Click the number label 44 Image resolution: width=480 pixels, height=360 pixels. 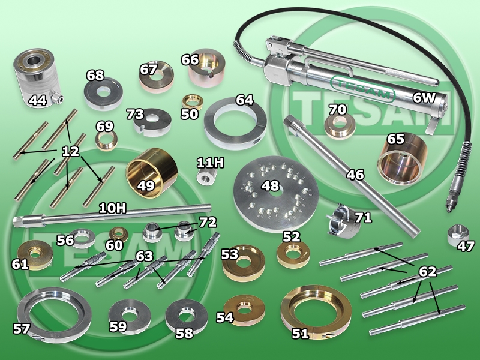37,100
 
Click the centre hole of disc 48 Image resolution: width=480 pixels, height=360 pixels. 277,193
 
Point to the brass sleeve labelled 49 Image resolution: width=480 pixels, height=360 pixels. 152,173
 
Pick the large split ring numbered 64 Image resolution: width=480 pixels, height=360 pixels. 235,124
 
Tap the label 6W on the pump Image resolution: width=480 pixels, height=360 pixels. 424,98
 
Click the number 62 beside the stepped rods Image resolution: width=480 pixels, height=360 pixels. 427,271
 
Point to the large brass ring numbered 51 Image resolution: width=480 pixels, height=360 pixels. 316,311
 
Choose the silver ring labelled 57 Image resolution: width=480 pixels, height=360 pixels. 54,314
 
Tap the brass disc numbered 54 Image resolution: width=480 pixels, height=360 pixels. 244,310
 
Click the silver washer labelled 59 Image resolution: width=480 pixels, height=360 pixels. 130,317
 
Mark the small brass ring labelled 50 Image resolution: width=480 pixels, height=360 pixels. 193,101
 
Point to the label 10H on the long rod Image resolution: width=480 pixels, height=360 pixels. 112,208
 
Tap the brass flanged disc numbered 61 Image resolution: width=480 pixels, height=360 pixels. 35,255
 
